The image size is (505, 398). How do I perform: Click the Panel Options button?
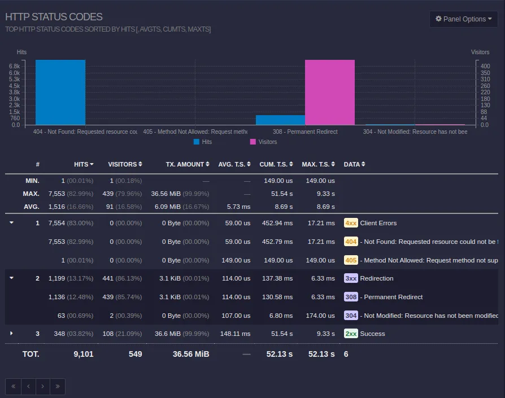click(x=463, y=19)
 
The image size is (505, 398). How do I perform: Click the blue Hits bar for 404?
click(x=60, y=92)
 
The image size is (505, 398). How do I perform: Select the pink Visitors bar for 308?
click(x=330, y=92)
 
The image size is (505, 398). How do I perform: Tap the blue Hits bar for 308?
click(x=280, y=120)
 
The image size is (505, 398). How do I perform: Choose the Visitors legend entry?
click(x=263, y=142)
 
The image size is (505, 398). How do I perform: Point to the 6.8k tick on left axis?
click(x=14, y=66)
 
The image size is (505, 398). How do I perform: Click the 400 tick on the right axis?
click(x=485, y=66)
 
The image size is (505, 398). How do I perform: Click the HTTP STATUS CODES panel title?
click(x=54, y=18)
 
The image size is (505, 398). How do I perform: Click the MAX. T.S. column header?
click(x=318, y=164)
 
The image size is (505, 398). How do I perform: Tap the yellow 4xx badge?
click(x=351, y=223)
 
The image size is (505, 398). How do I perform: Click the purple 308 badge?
click(x=351, y=297)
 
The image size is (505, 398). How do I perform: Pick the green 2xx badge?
click(x=351, y=334)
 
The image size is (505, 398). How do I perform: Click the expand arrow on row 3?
click(x=11, y=334)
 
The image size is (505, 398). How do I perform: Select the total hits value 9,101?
click(x=83, y=354)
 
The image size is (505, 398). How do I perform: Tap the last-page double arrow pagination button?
click(x=58, y=387)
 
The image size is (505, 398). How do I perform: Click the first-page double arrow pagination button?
click(x=13, y=387)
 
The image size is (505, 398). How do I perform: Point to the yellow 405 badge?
click(x=351, y=260)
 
